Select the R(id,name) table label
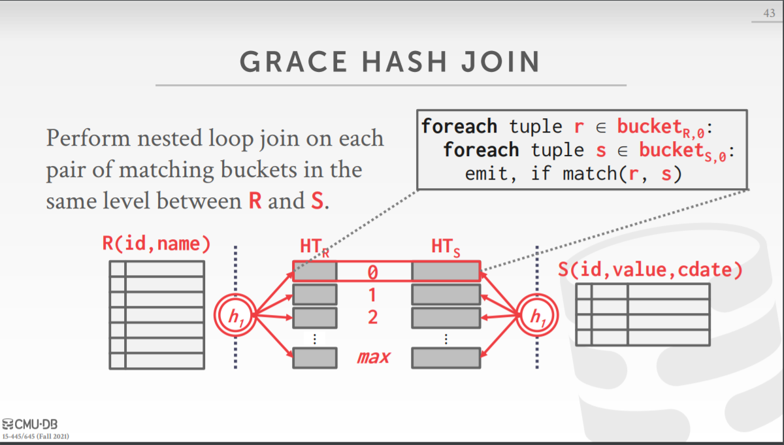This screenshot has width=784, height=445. pyautogui.click(x=156, y=244)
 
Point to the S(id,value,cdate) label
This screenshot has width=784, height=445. pyautogui.click(x=650, y=270)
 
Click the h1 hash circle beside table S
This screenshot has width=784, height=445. pyautogui.click(x=537, y=317)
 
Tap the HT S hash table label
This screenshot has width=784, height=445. pyautogui.click(x=446, y=248)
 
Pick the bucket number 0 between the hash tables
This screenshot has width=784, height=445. pyautogui.click(x=372, y=271)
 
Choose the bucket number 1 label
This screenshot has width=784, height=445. pyautogui.click(x=372, y=295)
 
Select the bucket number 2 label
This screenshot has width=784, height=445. pyautogui.click(x=372, y=318)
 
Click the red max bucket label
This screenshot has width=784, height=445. pyautogui.click(x=373, y=357)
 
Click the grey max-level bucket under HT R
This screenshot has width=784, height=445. pyautogui.click(x=314, y=357)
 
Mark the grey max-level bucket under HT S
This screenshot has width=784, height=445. pyautogui.click(x=446, y=357)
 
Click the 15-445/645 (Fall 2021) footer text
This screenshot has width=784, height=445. pyautogui.click(x=37, y=436)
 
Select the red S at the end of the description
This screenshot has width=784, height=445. pyautogui.click(x=316, y=201)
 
